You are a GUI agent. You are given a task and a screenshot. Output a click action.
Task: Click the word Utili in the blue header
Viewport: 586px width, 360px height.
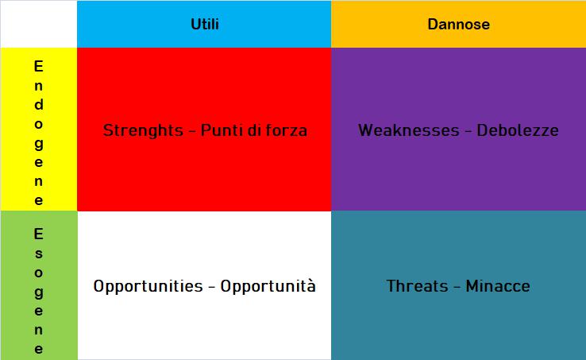pos(205,25)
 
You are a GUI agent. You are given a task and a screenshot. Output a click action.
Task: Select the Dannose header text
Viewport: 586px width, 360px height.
pos(459,25)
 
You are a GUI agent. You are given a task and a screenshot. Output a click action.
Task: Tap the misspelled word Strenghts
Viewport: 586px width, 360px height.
pos(143,131)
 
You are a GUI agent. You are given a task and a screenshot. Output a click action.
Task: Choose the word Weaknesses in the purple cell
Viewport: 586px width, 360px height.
pos(408,130)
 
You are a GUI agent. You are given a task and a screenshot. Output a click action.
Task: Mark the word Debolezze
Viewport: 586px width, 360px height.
pos(518,130)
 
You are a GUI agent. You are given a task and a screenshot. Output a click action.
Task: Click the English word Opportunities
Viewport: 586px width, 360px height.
pos(148,287)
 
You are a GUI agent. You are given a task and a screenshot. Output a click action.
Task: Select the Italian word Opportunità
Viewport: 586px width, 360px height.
pos(268,287)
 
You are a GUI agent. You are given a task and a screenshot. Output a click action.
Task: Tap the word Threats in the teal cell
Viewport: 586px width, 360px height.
pos(417,286)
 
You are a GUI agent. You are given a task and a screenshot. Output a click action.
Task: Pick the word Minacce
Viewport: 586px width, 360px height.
pos(498,286)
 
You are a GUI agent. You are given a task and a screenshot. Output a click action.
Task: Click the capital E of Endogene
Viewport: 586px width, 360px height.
pos(38,66)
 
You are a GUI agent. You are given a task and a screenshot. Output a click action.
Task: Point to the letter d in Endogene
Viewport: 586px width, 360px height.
pos(38,104)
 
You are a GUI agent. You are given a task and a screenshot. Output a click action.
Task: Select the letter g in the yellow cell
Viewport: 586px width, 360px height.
pos(38,144)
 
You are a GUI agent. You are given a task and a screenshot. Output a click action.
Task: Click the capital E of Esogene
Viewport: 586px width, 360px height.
pos(38,234)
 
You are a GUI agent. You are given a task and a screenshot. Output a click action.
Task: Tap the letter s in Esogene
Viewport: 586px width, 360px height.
pos(38,254)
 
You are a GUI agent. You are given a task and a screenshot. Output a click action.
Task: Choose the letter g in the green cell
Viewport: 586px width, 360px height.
pos(38,293)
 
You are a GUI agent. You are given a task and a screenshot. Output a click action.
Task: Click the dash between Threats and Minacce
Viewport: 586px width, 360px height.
pos(457,288)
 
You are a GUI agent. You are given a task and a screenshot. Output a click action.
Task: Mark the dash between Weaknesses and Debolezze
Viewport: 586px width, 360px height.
pos(468,131)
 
